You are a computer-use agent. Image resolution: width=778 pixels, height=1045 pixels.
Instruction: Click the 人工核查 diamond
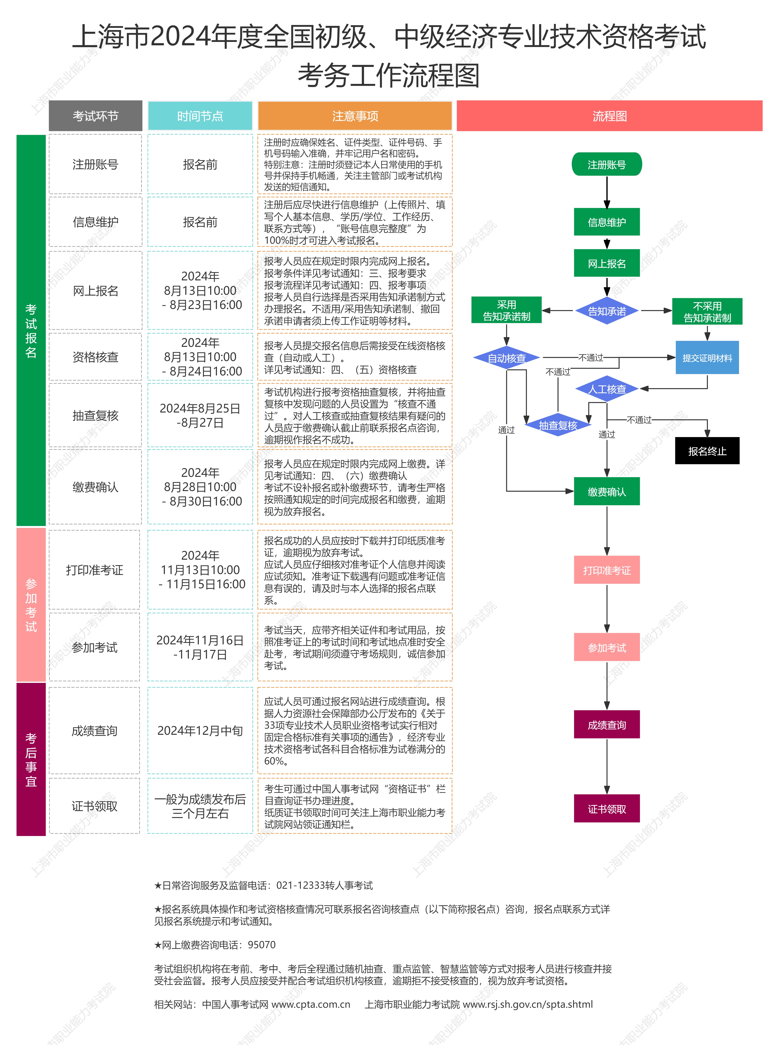(x=607, y=389)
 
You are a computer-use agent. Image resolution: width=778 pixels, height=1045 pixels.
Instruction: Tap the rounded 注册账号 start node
(x=607, y=164)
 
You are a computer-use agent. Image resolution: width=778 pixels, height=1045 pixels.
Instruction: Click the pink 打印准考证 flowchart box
(x=607, y=570)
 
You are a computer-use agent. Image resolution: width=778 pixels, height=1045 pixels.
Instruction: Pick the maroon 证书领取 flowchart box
(x=607, y=809)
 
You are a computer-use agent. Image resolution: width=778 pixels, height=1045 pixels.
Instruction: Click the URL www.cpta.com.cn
(x=311, y=1004)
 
